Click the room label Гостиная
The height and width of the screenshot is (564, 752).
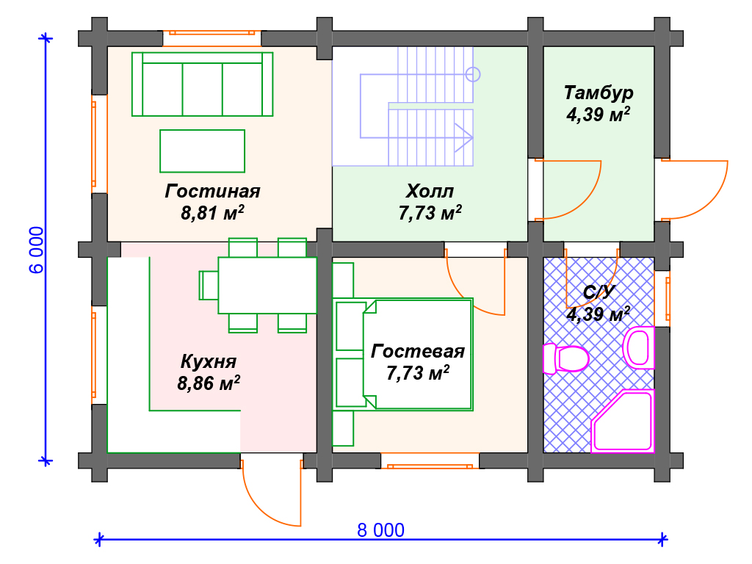pyautogui.click(x=212, y=192)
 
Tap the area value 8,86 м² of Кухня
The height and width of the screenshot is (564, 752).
pyautogui.click(x=209, y=383)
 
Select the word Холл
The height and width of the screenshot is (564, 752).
pyautogui.click(x=430, y=192)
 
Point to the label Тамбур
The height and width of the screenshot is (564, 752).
pyautogui.click(x=599, y=93)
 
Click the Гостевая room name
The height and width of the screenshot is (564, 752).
pyautogui.click(x=418, y=352)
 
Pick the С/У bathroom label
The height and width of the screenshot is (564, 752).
pyautogui.click(x=599, y=292)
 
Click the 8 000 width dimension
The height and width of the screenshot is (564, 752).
pyautogui.click(x=381, y=530)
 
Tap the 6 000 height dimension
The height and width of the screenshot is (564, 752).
pyautogui.click(x=37, y=250)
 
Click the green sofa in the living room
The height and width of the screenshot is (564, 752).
pyautogui.click(x=203, y=84)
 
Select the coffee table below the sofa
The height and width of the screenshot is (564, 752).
pyautogui.click(x=203, y=151)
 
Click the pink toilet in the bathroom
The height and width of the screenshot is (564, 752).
pyautogui.click(x=566, y=358)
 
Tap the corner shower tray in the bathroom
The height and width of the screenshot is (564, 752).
pyautogui.click(x=623, y=422)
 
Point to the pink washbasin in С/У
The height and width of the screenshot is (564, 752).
pyautogui.click(x=638, y=347)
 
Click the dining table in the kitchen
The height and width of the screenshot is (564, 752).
pyautogui.click(x=267, y=286)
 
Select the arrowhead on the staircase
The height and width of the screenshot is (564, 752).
pyautogui.click(x=464, y=138)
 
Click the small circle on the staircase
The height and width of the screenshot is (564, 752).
pyautogui.click(x=473, y=75)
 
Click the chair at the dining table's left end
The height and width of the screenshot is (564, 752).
pyautogui.click(x=209, y=286)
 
